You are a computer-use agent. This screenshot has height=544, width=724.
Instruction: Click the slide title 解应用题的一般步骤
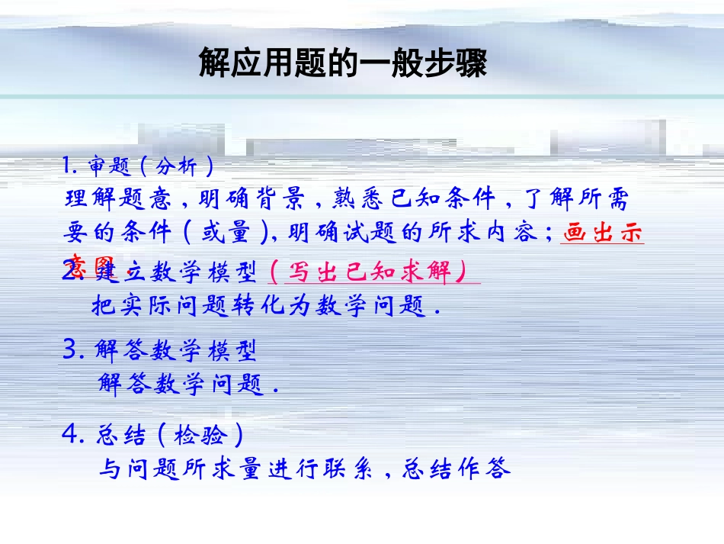click(342, 63)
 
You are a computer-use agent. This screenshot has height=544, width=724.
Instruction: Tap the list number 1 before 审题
click(67, 166)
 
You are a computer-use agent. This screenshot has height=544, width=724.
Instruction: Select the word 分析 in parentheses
click(176, 166)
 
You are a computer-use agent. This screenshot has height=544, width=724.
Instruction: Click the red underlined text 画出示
click(602, 232)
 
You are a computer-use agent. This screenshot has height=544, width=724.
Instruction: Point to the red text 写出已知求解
click(374, 271)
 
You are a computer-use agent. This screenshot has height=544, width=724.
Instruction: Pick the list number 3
click(72, 350)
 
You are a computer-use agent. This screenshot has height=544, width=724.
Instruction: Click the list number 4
click(71, 435)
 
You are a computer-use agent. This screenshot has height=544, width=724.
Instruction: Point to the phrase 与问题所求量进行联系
click(235, 468)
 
